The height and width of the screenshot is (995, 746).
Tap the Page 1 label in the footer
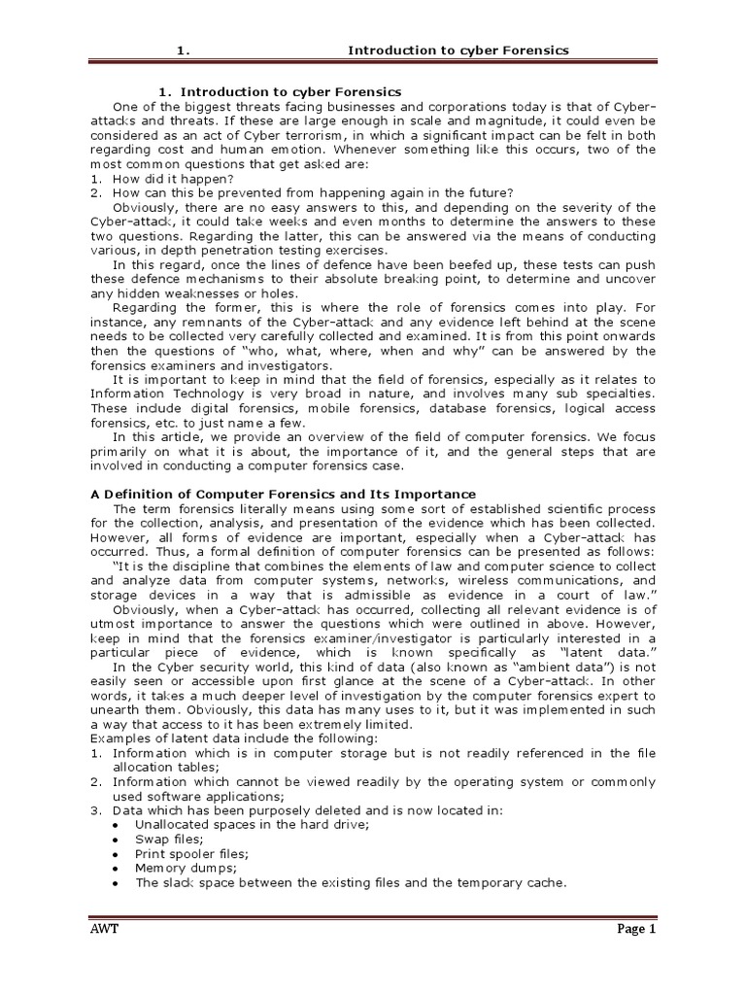[x=637, y=929]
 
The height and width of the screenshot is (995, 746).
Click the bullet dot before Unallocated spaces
[x=116, y=825]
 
